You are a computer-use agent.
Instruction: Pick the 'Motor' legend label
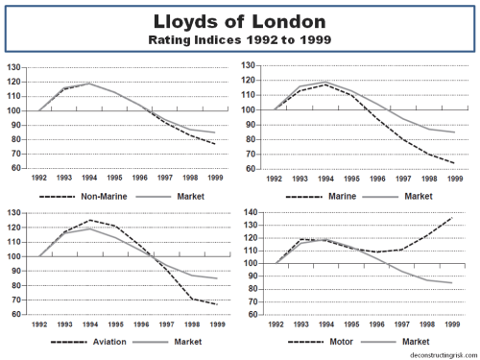coord(344,341)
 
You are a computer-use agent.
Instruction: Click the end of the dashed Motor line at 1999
coord(450,218)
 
